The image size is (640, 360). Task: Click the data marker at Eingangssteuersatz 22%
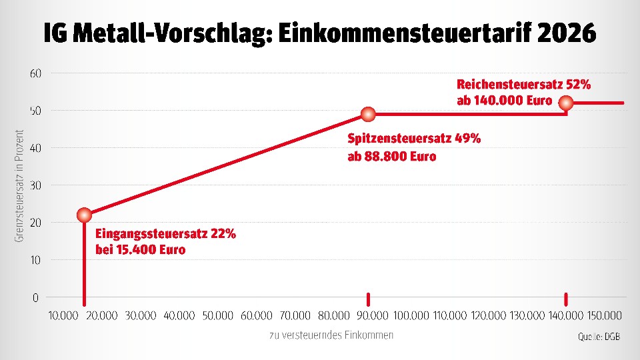84,215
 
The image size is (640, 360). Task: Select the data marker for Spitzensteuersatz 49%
368,114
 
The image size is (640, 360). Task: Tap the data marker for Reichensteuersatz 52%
566,103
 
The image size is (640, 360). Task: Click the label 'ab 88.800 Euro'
392,157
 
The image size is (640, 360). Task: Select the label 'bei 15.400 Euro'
141,250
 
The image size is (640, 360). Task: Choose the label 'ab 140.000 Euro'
505,101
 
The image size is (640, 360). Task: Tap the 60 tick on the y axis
36,73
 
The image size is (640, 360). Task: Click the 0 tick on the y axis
36,297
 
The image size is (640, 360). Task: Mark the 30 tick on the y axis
36,185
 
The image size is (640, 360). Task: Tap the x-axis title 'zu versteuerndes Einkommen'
331,335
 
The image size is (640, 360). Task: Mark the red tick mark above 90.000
368,299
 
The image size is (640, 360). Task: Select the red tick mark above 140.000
566,299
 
